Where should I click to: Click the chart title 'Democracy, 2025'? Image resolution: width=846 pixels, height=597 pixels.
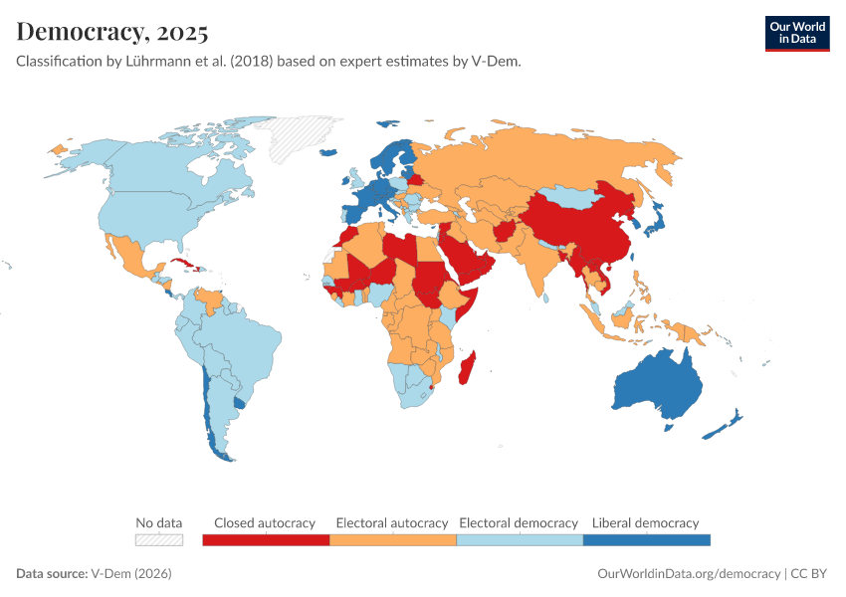111,32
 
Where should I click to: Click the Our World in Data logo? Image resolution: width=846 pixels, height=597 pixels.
796,33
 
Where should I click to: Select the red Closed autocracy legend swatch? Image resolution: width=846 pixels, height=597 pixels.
266,540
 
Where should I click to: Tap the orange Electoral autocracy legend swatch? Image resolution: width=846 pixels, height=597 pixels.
392,540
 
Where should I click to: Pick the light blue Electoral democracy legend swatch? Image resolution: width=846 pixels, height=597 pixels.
519,540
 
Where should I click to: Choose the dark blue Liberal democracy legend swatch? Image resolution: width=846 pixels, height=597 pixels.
646,540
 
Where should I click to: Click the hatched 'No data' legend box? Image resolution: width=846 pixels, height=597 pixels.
159,540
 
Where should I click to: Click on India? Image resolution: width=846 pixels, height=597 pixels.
538,259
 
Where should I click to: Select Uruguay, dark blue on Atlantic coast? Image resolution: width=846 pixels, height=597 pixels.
238,403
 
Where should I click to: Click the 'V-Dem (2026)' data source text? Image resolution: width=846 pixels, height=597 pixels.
130,574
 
